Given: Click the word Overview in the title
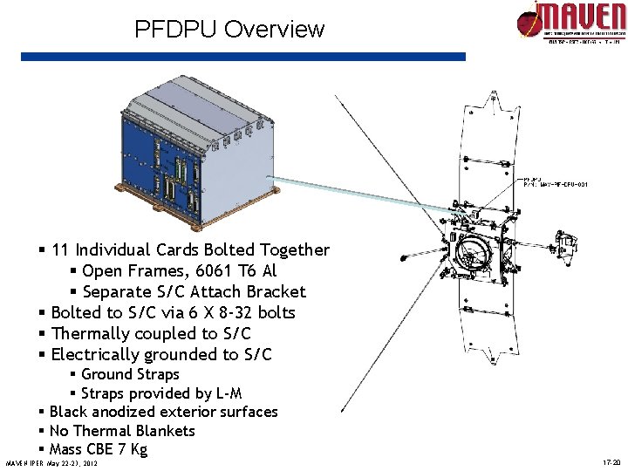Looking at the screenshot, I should [x=274, y=29].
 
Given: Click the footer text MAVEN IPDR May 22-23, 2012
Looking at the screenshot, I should [x=51, y=462].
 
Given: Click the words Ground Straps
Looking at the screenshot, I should [x=130, y=374].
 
